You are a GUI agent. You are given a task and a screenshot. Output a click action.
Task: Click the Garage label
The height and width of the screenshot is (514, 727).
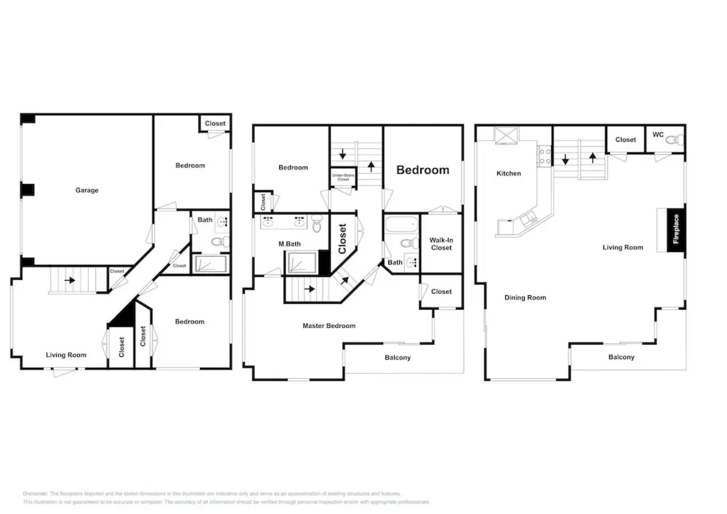(x=87, y=190)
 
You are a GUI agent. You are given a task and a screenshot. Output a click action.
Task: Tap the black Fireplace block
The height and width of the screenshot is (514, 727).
(x=676, y=230)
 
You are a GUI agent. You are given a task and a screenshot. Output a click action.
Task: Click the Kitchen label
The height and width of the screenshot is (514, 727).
(x=509, y=174)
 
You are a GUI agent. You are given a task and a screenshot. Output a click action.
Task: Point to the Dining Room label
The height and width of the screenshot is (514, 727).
(x=525, y=298)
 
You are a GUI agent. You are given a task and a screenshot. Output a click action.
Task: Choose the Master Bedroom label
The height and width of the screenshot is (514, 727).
(x=329, y=326)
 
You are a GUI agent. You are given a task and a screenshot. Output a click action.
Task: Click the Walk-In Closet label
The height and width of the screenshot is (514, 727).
(x=441, y=244)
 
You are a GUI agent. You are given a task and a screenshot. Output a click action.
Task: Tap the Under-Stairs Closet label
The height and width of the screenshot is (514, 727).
(x=343, y=178)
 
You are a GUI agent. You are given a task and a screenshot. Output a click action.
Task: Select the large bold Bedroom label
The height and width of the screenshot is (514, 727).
(x=422, y=170)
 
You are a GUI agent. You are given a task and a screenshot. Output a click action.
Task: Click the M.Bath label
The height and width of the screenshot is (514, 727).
(x=289, y=244)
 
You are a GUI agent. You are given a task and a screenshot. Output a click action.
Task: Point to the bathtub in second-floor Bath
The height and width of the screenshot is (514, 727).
(x=401, y=225)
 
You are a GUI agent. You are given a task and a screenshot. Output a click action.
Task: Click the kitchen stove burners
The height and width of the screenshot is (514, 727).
(x=545, y=157)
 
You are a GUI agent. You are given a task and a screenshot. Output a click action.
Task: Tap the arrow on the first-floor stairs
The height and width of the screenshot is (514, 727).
(x=70, y=280)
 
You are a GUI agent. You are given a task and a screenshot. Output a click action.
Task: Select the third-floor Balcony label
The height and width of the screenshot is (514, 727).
(x=621, y=357)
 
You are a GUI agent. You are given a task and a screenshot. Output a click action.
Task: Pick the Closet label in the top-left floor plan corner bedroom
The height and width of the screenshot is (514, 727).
(x=215, y=124)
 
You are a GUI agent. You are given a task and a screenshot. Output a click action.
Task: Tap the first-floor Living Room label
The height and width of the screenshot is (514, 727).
(x=66, y=355)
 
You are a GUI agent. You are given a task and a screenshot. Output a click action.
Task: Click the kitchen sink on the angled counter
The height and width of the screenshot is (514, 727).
(x=528, y=219)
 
